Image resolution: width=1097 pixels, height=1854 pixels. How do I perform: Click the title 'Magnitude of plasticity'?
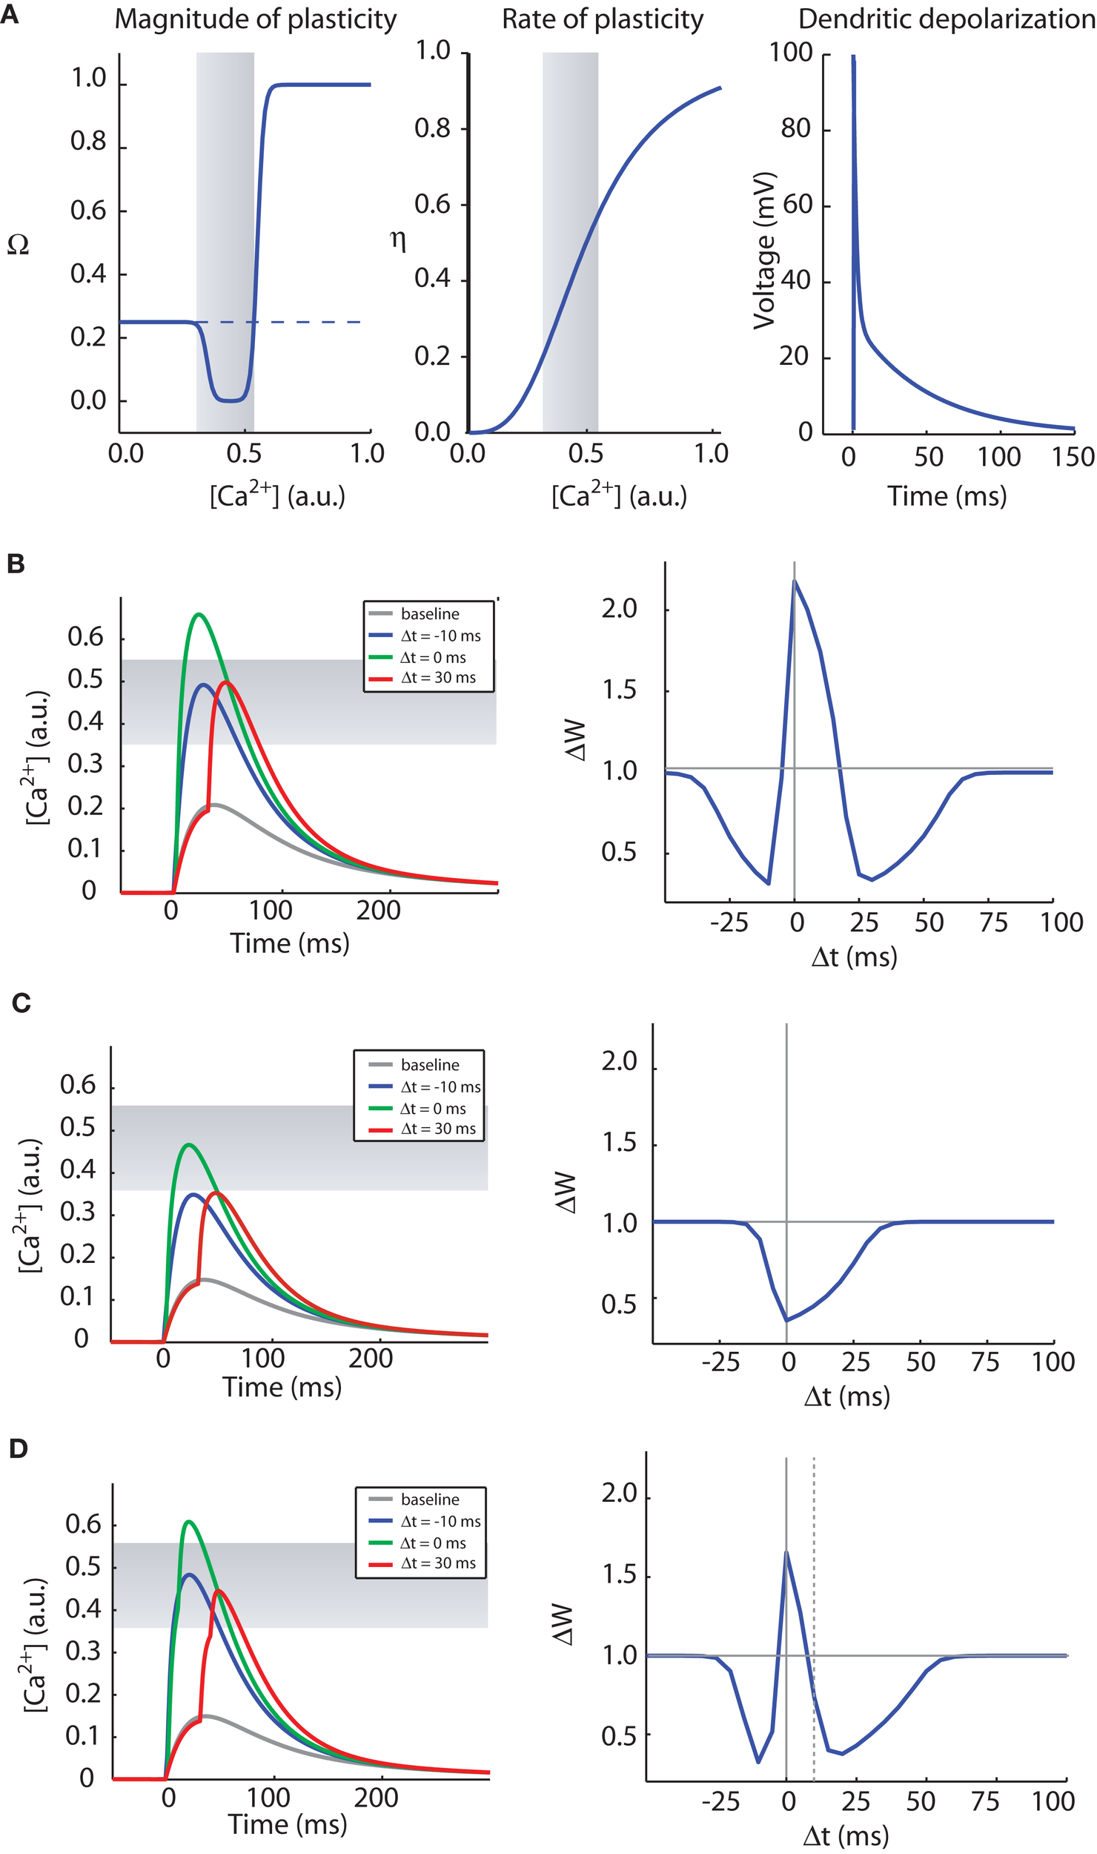256,20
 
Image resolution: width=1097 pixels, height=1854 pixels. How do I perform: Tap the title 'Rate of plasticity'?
603,20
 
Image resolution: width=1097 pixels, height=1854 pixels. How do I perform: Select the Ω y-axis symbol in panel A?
18,245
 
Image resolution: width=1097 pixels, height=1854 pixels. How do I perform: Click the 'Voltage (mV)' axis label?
764,251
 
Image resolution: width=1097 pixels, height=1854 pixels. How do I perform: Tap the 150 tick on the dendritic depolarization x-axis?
1073,457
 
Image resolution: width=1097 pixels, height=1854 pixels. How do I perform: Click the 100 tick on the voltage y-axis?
791,53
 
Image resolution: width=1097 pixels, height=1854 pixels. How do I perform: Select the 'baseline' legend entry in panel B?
429,614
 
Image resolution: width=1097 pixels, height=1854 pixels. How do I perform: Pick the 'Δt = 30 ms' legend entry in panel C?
437,1129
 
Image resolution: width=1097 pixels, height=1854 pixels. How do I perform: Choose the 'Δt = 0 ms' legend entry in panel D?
433,1543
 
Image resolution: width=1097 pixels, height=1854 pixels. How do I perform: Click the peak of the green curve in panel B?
198,614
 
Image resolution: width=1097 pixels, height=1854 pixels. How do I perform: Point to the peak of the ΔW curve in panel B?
795,581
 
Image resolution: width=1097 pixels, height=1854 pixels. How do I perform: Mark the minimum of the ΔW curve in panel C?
786,1321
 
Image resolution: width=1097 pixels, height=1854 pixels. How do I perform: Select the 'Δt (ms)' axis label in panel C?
846,1397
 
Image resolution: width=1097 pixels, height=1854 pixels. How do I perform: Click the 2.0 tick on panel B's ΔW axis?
619,609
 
